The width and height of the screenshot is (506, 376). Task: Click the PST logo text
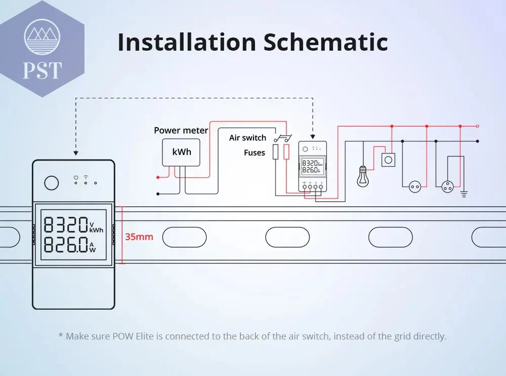coord(42,70)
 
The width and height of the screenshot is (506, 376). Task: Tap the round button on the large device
coord(51,182)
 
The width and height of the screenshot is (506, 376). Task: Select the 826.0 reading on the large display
coord(66,244)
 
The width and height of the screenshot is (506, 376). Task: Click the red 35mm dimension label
coord(139,237)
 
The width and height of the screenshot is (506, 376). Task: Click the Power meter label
coord(181,130)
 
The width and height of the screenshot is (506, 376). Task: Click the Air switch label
coord(247,138)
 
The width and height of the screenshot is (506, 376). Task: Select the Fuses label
coord(254,153)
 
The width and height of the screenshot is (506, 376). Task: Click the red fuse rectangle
coord(287,152)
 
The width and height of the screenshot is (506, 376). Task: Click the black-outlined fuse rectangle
coord(276,152)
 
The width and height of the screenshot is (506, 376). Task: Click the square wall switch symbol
coord(388,160)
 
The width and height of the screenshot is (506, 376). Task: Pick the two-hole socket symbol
coord(415,187)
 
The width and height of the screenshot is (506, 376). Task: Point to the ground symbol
coord(464,193)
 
